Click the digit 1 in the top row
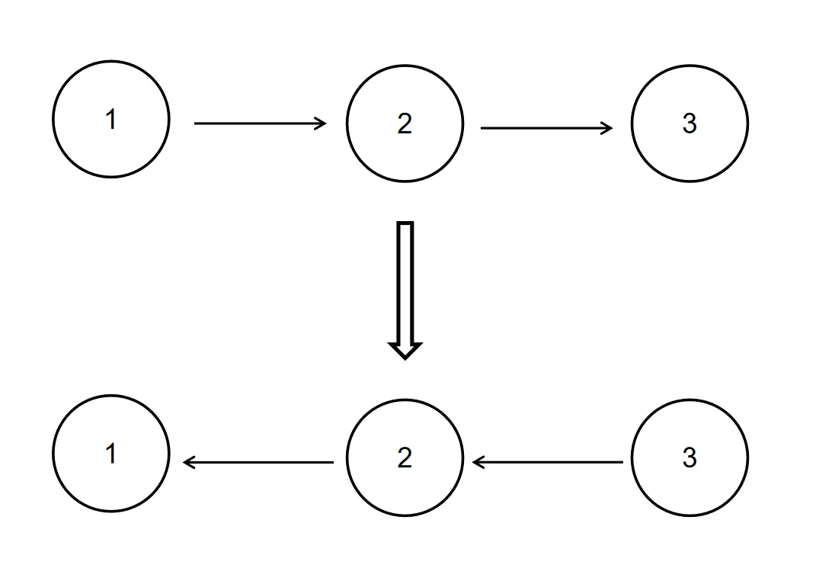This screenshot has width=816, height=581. click(110, 119)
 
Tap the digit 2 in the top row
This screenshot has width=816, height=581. click(405, 124)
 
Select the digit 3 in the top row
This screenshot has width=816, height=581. click(690, 124)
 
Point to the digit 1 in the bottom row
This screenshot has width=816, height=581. click(110, 454)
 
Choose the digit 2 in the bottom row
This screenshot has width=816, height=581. click(405, 457)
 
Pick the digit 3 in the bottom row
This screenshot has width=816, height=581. click(690, 458)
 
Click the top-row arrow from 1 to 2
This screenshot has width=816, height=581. click(261, 124)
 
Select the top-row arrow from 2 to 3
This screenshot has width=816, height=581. click(546, 127)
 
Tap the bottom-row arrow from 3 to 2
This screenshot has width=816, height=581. click(548, 462)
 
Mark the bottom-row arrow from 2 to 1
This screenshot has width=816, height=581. click(258, 462)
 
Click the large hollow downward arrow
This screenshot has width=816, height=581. click(405, 290)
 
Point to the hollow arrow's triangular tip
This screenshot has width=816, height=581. click(405, 358)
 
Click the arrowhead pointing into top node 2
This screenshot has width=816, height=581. click(321, 124)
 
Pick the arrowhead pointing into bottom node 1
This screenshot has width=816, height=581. click(189, 462)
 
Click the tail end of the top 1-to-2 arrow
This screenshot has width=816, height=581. click(194, 124)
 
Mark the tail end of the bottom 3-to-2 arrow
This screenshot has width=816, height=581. click(622, 462)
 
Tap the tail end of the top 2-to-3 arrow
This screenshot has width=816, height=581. click(481, 127)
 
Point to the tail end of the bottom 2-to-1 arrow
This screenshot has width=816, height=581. click(333, 462)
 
